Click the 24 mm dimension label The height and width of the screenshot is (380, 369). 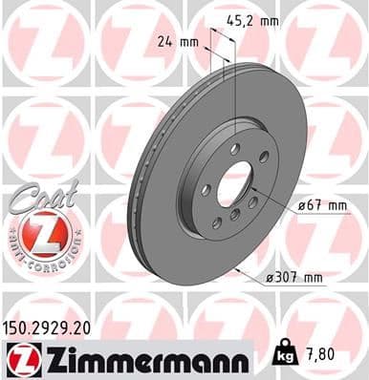(x=175, y=42)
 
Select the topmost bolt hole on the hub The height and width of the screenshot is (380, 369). (x=234, y=147)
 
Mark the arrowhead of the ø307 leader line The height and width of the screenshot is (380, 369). (x=233, y=270)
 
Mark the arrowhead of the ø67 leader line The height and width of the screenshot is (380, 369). (x=248, y=191)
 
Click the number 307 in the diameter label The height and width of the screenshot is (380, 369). (x=293, y=277)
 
